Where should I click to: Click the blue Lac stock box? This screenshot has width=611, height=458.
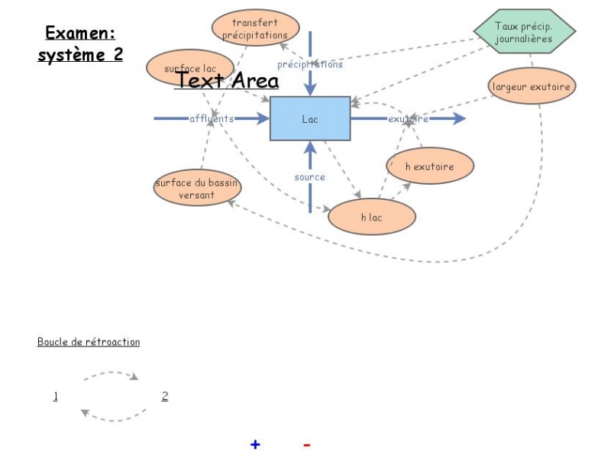[310, 119]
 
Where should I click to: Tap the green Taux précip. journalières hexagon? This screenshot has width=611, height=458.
[524, 32]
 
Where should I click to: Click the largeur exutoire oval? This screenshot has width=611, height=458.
[532, 86]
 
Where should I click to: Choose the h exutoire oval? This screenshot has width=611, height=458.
[429, 166]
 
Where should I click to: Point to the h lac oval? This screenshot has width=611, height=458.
[371, 218]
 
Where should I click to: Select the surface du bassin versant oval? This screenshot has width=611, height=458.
[197, 189]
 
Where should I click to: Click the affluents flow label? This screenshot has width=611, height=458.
[212, 118]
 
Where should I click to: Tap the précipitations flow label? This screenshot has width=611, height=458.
[310, 64]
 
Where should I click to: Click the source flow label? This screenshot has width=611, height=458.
[310, 177]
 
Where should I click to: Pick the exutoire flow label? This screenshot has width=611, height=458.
[408, 118]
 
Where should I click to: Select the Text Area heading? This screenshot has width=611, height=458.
[227, 80]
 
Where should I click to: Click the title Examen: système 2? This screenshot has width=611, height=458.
[80, 44]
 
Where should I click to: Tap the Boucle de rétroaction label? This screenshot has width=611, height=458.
[89, 342]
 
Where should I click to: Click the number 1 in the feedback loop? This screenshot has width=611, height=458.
[56, 395]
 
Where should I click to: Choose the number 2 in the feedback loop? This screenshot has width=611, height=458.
[165, 395]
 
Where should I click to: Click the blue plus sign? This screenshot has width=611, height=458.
[255, 444]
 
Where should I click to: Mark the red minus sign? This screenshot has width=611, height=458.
[306, 444]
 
